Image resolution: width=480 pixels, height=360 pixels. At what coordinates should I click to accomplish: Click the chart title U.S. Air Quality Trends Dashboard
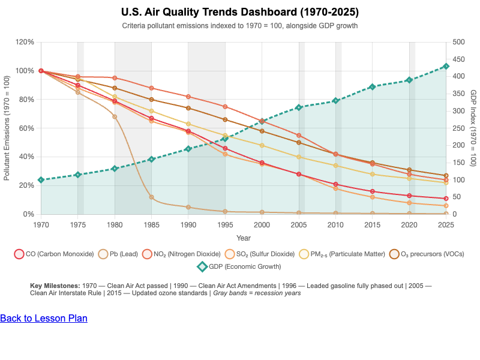[x=240, y=12]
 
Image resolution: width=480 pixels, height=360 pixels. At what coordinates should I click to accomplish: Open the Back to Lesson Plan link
[x=44, y=318]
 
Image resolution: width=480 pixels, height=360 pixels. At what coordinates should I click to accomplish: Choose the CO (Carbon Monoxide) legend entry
[x=54, y=254]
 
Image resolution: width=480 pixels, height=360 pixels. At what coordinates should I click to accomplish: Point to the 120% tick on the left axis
[x=25, y=42]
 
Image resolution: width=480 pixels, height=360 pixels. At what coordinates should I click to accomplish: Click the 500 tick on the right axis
[x=458, y=42]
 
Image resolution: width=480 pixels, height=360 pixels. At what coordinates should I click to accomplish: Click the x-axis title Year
[x=244, y=238]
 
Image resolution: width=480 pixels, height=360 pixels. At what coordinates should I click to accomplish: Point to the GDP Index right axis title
[x=473, y=128]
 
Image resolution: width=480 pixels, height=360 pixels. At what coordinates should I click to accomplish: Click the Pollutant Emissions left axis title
[x=7, y=128]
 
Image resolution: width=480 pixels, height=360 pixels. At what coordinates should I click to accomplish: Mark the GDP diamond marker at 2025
[x=446, y=67]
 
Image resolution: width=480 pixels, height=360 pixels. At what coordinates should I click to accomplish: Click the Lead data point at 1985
[x=151, y=197]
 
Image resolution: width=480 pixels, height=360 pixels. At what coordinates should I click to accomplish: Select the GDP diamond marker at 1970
[x=41, y=180]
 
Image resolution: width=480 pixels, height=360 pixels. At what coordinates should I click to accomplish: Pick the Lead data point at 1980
[x=115, y=116]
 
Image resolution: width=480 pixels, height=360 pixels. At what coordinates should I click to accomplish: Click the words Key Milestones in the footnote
[x=54, y=286]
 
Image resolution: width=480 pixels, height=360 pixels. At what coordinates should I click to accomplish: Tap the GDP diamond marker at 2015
[x=372, y=87]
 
